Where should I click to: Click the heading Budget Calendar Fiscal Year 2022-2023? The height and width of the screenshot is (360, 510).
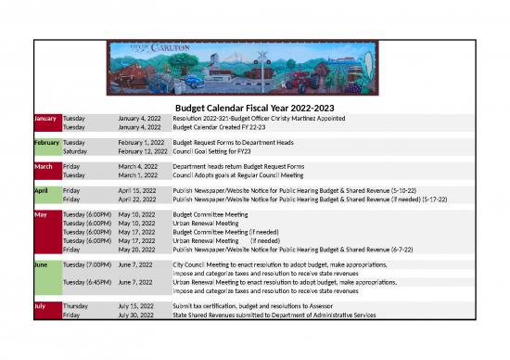254,109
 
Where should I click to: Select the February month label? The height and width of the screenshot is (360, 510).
46,142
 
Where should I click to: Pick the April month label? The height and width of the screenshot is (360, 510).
42,189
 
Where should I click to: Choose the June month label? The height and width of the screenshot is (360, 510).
41,264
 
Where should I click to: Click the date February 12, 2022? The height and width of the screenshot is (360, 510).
142,150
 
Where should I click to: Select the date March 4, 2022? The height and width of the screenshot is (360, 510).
137,166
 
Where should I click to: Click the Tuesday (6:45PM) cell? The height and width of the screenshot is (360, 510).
88,281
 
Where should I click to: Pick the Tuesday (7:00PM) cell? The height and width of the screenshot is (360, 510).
88,264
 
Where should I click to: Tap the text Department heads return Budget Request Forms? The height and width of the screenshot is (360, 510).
238,166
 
